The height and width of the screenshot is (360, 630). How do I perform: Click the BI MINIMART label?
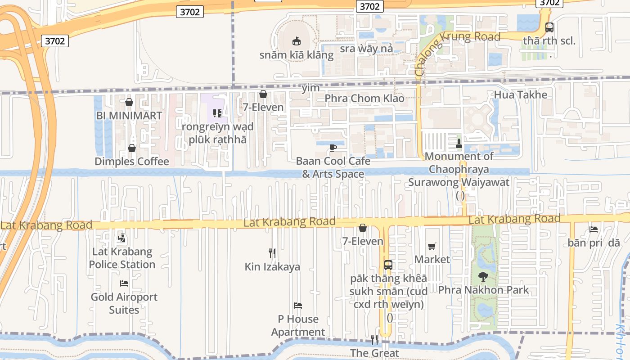129,116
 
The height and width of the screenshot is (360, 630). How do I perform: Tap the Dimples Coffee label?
132,162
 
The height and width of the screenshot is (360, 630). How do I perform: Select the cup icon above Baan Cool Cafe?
333,148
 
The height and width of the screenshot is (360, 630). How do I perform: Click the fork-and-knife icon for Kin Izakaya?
272,253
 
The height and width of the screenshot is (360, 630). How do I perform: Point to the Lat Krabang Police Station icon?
121,238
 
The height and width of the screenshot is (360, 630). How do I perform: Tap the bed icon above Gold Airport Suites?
124,283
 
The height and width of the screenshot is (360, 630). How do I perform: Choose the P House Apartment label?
298,325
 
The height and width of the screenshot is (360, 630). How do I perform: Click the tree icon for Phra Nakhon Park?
483,276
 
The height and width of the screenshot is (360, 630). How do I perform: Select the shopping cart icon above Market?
432,246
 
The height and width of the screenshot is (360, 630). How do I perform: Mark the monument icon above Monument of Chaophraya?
459,144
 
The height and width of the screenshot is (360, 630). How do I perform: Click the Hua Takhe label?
521,94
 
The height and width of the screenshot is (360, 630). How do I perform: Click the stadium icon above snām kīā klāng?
297,41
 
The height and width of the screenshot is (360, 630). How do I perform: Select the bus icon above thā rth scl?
549,27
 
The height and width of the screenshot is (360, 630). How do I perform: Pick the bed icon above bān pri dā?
594,229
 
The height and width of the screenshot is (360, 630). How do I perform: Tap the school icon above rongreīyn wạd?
217,113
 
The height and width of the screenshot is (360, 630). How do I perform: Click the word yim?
310,88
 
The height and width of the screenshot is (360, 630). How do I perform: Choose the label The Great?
375,353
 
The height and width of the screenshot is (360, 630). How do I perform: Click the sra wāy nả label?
366,48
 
